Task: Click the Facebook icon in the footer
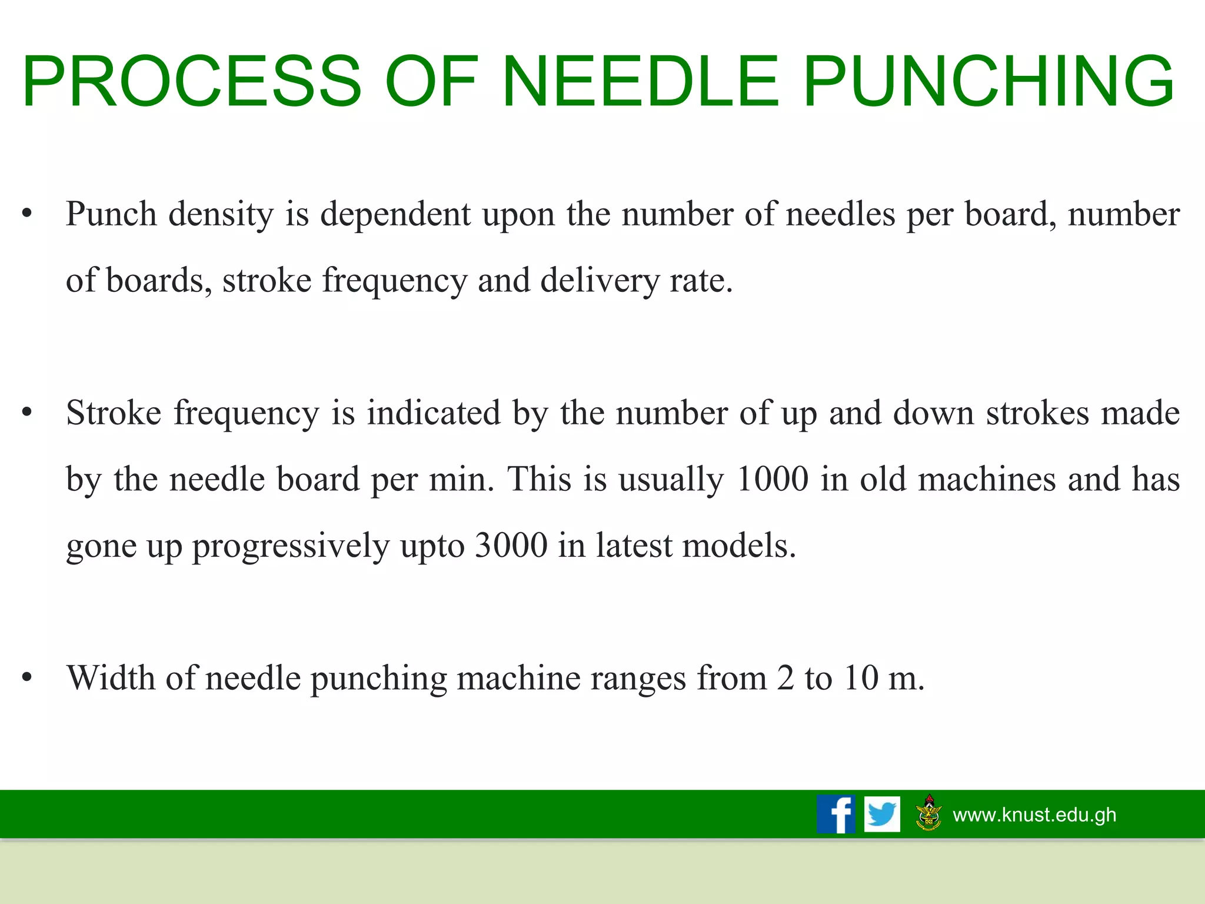[x=835, y=814]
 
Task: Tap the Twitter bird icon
[x=882, y=814]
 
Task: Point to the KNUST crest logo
[x=929, y=813]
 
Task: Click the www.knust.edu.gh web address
[x=1034, y=815]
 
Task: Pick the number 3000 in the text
[x=511, y=545]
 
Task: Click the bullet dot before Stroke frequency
[x=26, y=413]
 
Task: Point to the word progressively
[x=291, y=546]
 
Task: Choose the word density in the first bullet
[x=221, y=214]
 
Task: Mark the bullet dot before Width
[x=26, y=678]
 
